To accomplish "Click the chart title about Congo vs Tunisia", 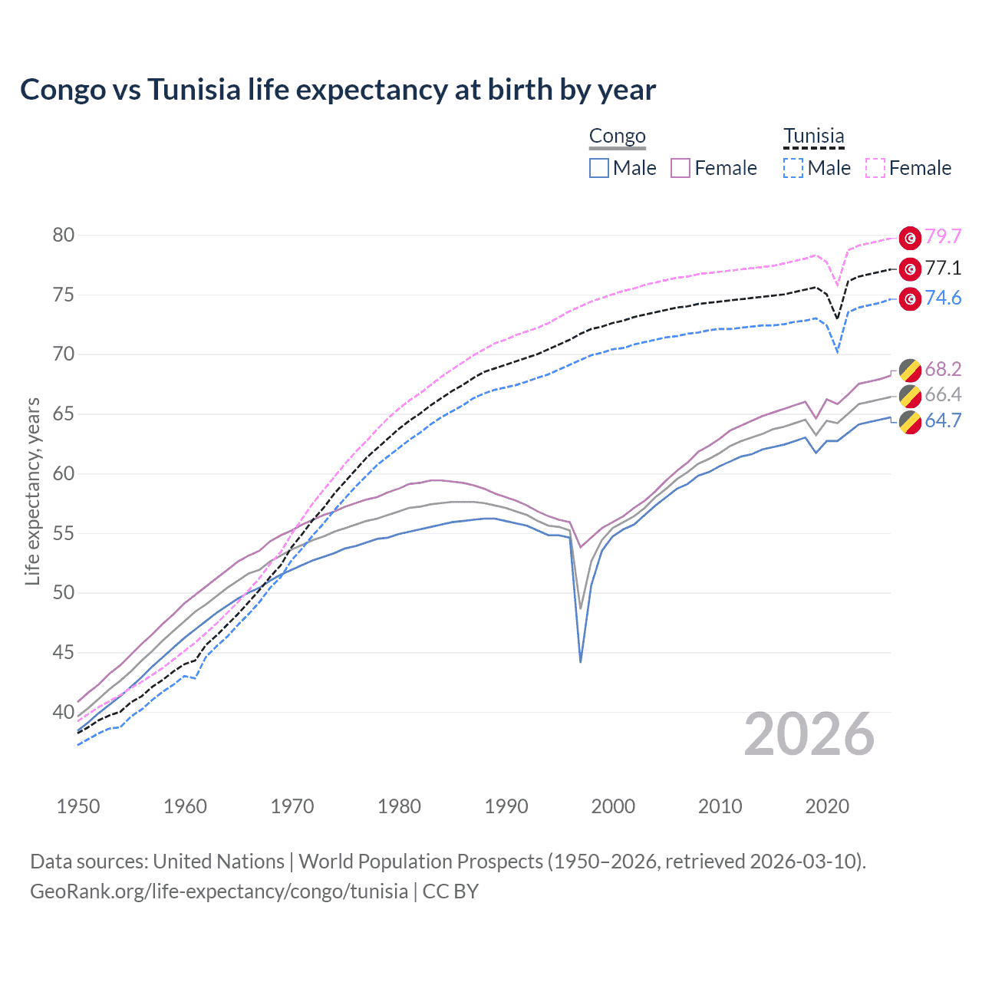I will (338, 90).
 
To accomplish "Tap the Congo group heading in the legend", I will (617, 137).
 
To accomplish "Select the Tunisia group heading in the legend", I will (813, 137).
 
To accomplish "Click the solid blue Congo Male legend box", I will (599, 168).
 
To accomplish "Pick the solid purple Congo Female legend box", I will (680, 168).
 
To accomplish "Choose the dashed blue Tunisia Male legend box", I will (793, 168).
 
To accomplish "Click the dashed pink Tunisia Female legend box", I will (875, 168).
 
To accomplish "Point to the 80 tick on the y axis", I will (64, 236).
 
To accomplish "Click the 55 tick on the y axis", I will (64, 533).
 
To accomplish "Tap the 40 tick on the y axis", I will (64, 712).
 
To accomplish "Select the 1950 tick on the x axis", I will (78, 806).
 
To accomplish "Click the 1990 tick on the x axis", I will (506, 806).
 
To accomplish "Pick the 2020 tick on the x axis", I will (827, 806).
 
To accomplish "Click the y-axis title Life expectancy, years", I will (32, 491).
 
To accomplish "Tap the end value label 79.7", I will (943, 237).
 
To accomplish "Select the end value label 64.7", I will (943, 421).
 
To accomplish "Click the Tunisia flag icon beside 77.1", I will (910, 269).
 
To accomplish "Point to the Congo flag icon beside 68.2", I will (910, 370).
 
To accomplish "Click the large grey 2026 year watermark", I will (809, 734).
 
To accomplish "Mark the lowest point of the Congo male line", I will (581, 661).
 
